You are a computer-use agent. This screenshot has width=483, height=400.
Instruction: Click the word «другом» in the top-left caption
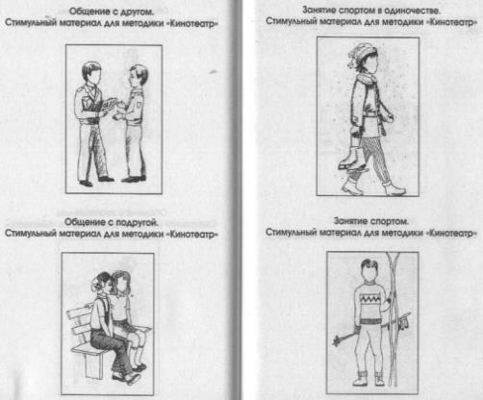[137, 12]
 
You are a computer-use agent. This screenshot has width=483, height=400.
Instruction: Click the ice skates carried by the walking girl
[351, 158]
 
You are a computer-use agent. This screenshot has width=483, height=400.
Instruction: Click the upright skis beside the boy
[394, 317]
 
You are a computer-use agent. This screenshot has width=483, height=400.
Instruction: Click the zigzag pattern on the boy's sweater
[370, 300]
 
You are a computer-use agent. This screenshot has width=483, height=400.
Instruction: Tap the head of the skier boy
[369, 269]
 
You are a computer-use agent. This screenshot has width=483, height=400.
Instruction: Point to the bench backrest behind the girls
[79, 322]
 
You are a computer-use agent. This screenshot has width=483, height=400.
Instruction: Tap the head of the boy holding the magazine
[91, 73]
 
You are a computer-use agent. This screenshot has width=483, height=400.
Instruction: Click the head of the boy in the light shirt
[138, 76]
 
